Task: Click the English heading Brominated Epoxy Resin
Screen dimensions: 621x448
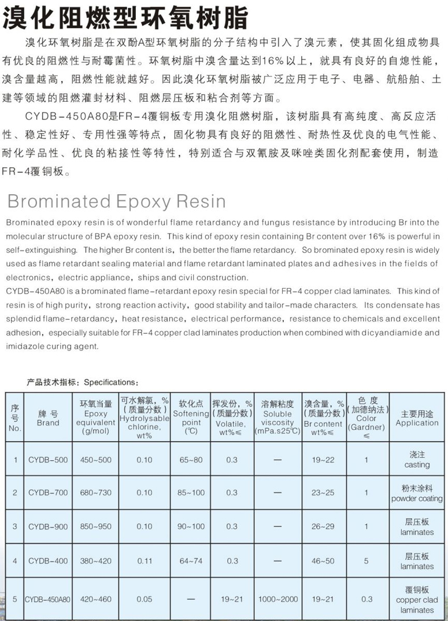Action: pyautogui.click(x=116, y=201)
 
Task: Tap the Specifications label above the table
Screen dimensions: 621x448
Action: pyautogui.click(x=83, y=382)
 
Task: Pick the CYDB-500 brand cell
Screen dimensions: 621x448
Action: pyautogui.click(x=48, y=460)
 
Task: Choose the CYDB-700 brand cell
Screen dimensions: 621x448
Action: pyautogui.click(x=48, y=493)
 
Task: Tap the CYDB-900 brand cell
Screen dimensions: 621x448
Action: pyautogui.click(x=48, y=527)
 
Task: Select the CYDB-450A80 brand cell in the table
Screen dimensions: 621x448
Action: pyautogui.click(x=48, y=600)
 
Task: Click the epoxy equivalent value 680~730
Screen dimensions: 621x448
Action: pyautogui.click(x=96, y=493)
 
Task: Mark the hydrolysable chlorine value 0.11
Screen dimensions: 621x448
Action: pyautogui.click(x=145, y=561)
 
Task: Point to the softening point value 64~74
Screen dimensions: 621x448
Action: pyautogui.click(x=191, y=561)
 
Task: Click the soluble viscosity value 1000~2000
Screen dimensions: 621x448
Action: pyautogui.click(x=278, y=600)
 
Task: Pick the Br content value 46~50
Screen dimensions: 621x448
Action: pyautogui.click(x=323, y=561)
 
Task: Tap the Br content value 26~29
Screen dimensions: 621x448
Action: pyautogui.click(x=323, y=527)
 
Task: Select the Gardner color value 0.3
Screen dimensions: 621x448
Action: pyautogui.click(x=366, y=600)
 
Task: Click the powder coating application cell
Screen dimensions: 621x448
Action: pyautogui.click(x=417, y=493)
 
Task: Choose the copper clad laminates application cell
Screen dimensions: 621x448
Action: pyautogui.click(x=417, y=600)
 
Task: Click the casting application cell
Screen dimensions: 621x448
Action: pyautogui.click(x=417, y=460)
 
